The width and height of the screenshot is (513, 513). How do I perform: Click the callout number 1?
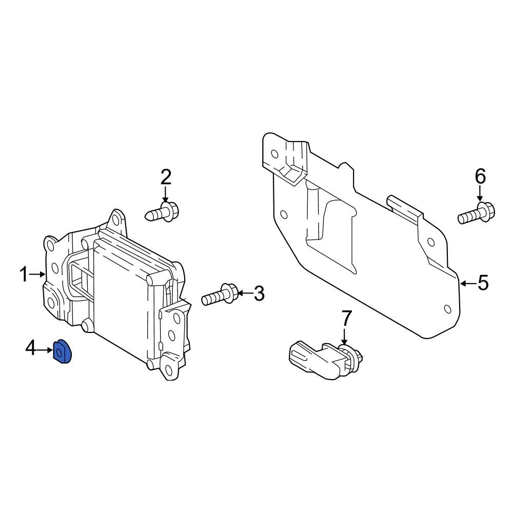pyautogui.click(x=24, y=275)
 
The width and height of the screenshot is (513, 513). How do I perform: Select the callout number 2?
pyautogui.click(x=166, y=177)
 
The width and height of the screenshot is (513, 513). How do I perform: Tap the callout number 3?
pyautogui.click(x=259, y=294)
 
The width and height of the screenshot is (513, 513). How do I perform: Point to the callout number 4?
pyautogui.click(x=30, y=349)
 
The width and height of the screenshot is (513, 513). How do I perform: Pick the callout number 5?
pyautogui.click(x=483, y=283)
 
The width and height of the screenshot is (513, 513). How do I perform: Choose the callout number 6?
pyautogui.click(x=480, y=177)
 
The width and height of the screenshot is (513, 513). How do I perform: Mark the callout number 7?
pyautogui.click(x=346, y=319)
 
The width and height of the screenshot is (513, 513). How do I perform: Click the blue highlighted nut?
pyautogui.click(x=63, y=352)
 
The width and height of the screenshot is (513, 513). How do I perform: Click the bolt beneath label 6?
pyautogui.click(x=475, y=214)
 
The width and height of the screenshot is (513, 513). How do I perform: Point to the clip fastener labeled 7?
pyautogui.click(x=323, y=359)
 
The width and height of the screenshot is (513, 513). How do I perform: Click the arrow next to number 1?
pyautogui.click(x=38, y=275)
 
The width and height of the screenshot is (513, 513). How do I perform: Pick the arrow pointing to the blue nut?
pyautogui.click(x=45, y=350)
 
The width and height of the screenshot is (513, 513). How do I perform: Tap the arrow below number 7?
pyautogui.click(x=344, y=337)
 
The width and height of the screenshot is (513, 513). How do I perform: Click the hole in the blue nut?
pyautogui.click(x=60, y=352)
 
